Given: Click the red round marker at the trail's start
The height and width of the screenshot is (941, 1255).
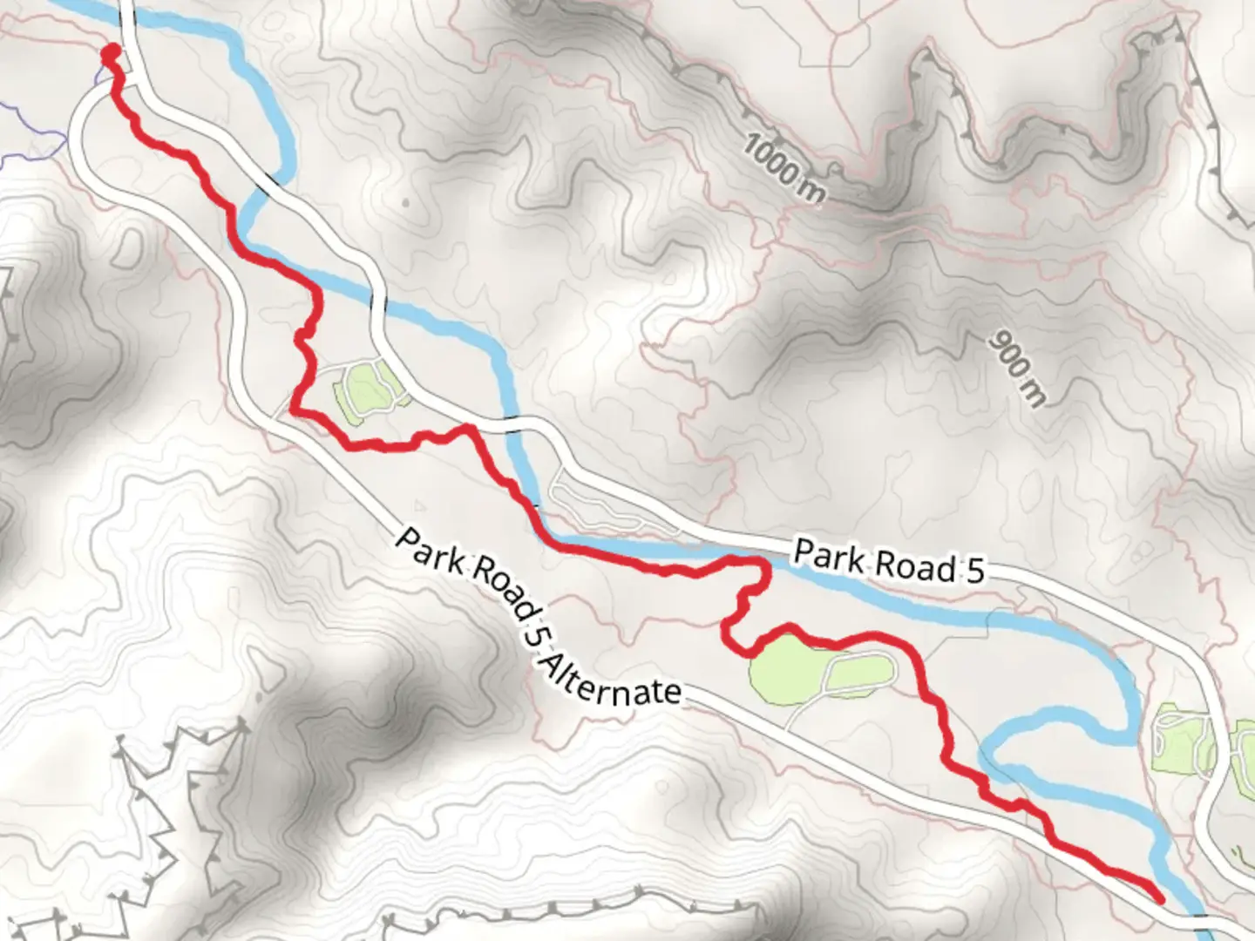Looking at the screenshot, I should pos(110,55).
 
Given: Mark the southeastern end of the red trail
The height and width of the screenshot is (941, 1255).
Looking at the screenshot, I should pos(1159,897).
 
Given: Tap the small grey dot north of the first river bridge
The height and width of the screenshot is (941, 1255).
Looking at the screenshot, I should pos(406,204).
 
